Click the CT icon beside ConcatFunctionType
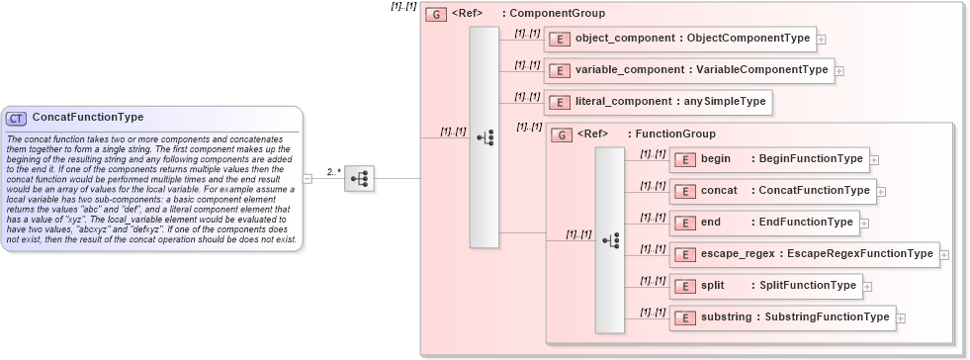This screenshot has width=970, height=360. pos(17,118)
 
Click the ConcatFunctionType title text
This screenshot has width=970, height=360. pos(88,118)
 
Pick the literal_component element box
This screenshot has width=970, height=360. pos(658,101)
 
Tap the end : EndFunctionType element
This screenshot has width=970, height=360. pos(763,223)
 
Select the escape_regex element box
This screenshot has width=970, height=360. pos(804,254)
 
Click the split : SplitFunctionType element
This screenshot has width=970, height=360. pos(765,286)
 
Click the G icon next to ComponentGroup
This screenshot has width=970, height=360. pos(435,14)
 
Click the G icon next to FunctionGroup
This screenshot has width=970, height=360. pos(561,134)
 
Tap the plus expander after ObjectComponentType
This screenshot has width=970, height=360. pos(822,39)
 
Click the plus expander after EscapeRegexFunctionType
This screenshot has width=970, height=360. pos(944,254)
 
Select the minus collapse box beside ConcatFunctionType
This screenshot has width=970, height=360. pos(308,178)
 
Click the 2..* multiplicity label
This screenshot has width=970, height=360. pos(334,171)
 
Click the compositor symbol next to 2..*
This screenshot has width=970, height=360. pos(358,178)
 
